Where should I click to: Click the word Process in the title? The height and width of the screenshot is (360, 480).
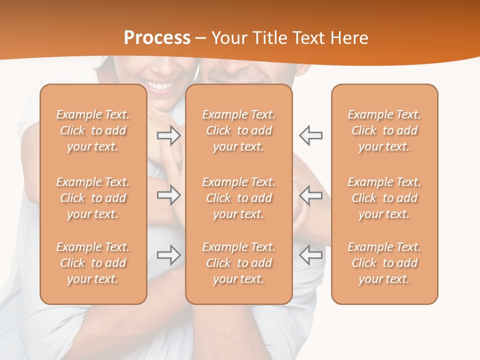[157, 38]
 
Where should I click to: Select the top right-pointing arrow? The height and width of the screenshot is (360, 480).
[169, 135]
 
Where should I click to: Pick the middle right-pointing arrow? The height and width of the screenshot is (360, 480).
[169, 195]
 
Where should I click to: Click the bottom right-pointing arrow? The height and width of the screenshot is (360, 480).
[169, 255]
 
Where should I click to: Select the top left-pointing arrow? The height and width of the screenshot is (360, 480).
[310, 135]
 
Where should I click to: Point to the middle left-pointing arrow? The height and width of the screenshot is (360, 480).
[310, 195]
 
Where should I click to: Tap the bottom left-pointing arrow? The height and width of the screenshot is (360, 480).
[310, 255]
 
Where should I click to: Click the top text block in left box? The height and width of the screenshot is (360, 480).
[93, 130]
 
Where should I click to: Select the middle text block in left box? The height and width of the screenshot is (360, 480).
[93, 198]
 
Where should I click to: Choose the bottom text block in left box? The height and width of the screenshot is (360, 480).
[93, 263]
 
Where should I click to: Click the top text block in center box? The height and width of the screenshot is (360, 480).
[239, 130]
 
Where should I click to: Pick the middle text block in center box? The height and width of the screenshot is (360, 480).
[239, 198]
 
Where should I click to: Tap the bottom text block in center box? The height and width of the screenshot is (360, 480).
[239, 263]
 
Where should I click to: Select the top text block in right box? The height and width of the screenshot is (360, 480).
[384, 130]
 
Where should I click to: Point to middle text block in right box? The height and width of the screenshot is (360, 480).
[384, 198]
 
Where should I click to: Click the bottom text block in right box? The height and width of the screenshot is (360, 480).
[384, 263]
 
